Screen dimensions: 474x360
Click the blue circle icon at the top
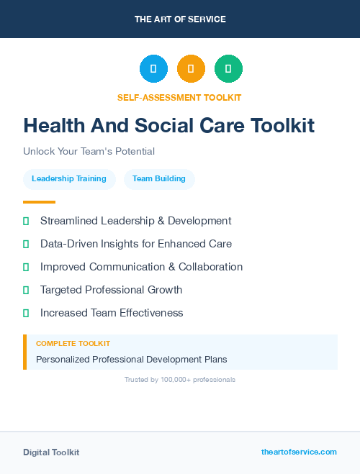(x=153, y=68)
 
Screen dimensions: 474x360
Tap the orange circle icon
(x=191, y=68)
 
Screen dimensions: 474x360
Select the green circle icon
(x=228, y=68)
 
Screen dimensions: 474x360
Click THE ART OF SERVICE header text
(x=180, y=19)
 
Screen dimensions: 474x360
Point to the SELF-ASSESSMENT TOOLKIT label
(x=179, y=97)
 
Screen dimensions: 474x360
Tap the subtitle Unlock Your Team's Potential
(x=89, y=151)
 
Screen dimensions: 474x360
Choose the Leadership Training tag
(x=69, y=179)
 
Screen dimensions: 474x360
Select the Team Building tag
(x=159, y=179)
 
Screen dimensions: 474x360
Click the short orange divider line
(x=39, y=202)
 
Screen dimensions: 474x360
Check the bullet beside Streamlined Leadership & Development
(x=26, y=221)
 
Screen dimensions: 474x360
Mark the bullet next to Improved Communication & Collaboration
(x=26, y=267)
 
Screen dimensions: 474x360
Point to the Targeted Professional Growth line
(x=111, y=290)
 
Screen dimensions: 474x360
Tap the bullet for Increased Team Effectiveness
(x=26, y=313)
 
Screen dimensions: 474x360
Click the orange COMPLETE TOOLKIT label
(x=73, y=344)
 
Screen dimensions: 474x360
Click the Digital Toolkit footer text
(x=51, y=452)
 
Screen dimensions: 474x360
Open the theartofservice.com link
(x=299, y=452)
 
